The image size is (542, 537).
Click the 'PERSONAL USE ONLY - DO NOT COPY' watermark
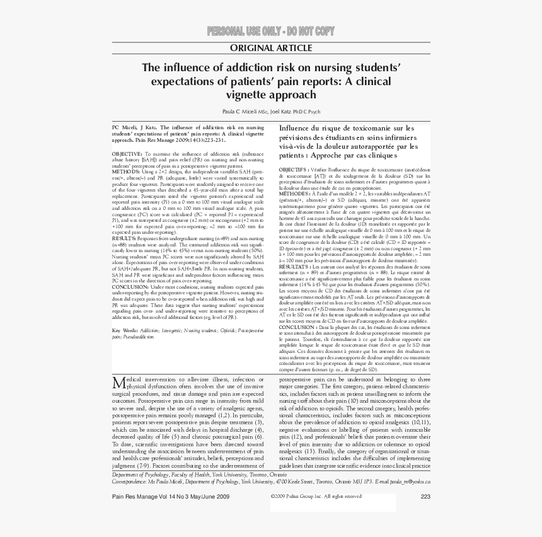[x=271, y=32]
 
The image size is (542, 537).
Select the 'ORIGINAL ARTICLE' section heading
[x=271, y=49]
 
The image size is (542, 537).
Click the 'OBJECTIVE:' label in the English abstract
[x=127, y=153]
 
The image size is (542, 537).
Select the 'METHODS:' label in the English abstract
[x=125, y=171]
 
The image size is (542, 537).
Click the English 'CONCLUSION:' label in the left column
[x=130, y=286]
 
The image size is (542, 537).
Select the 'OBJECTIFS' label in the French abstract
[x=293, y=170]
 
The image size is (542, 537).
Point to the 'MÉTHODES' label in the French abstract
[x=294, y=194]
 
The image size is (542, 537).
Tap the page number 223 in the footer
[x=425, y=497]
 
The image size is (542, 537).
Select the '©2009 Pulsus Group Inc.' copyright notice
[x=300, y=497]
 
